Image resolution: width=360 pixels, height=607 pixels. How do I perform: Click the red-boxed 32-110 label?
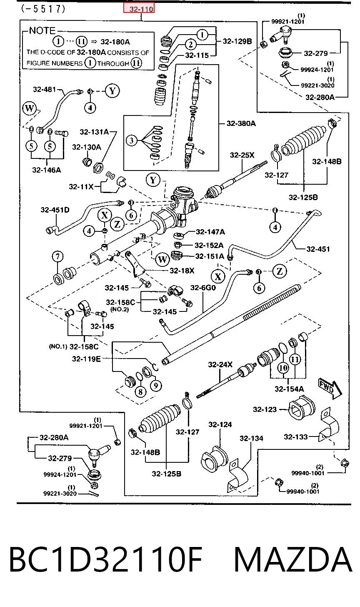click(139, 8)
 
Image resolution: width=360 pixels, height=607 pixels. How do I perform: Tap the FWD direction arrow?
click(330, 389)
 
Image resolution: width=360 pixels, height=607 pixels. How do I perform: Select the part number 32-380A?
click(241, 123)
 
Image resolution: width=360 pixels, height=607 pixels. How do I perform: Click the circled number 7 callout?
click(57, 256)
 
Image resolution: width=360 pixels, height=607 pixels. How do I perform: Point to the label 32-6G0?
click(203, 288)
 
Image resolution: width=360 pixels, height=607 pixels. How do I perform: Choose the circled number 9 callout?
click(156, 385)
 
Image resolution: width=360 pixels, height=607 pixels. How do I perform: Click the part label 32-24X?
click(220, 364)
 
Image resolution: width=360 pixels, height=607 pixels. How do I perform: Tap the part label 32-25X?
click(242, 155)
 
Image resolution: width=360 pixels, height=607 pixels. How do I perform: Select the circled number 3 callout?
click(132, 140)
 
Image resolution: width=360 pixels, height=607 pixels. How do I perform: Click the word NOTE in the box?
click(42, 30)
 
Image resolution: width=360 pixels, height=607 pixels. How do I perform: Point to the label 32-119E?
click(86, 359)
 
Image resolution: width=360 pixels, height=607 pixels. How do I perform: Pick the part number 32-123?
click(265, 409)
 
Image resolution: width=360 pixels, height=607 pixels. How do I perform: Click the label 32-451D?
click(55, 210)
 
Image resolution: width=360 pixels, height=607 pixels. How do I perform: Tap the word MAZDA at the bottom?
click(293, 559)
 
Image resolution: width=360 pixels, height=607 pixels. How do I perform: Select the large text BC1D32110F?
click(106, 559)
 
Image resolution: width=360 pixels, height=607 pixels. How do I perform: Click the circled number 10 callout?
click(283, 368)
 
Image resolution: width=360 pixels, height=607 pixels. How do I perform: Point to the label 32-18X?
click(182, 271)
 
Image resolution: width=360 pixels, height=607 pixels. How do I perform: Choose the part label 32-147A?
click(210, 232)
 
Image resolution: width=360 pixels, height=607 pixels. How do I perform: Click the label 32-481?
click(45, 89)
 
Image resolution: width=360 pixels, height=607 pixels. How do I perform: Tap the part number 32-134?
click(251, 438)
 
